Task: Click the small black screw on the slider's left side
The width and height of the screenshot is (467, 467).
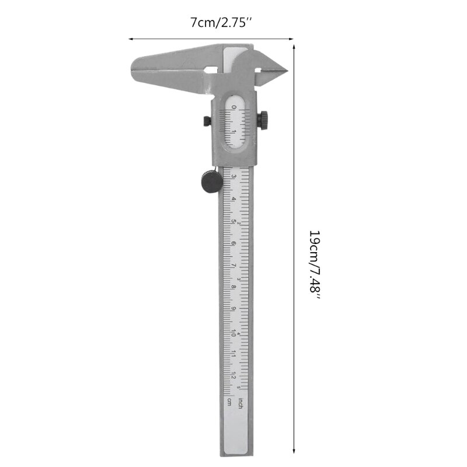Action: tap(207, 121)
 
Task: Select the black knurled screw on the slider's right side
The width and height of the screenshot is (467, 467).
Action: tap(264, 120)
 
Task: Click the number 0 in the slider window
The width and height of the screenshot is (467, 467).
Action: tap(234, 107)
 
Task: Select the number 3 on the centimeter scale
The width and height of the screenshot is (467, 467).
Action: tap(233, 176)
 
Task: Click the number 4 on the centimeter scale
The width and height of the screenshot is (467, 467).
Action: tap(233, 199)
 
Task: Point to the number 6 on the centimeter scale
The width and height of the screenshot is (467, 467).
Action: tap(233, 243)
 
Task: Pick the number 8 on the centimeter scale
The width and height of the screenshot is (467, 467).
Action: tap(233, 287)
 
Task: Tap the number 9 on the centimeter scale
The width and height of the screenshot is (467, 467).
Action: tap(233, 309)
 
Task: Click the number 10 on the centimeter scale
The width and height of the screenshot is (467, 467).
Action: tap(233, 332)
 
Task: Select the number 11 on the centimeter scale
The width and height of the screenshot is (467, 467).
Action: tap(233, 354)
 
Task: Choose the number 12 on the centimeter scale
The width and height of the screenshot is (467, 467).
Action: tap(233, 376)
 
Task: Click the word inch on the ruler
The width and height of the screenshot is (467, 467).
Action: tap(240, 402)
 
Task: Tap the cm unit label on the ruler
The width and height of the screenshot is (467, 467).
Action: tap(229, 402)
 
